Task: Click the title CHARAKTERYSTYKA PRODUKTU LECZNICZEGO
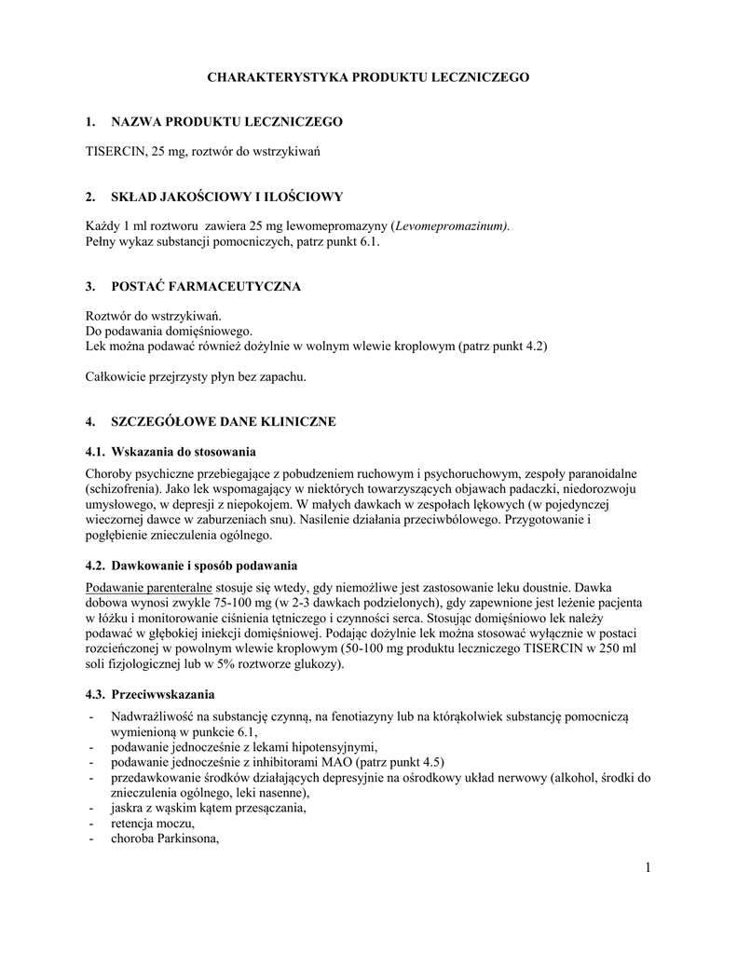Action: point(367,77)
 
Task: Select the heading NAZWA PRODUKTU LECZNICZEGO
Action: point(226,122)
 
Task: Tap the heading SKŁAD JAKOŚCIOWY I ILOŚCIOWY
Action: point(227,197)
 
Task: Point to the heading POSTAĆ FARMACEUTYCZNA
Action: point(206,286)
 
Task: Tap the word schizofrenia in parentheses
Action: point(129,488)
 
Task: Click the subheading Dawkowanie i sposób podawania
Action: point(204,566)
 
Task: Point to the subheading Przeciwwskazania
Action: point(163,695)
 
